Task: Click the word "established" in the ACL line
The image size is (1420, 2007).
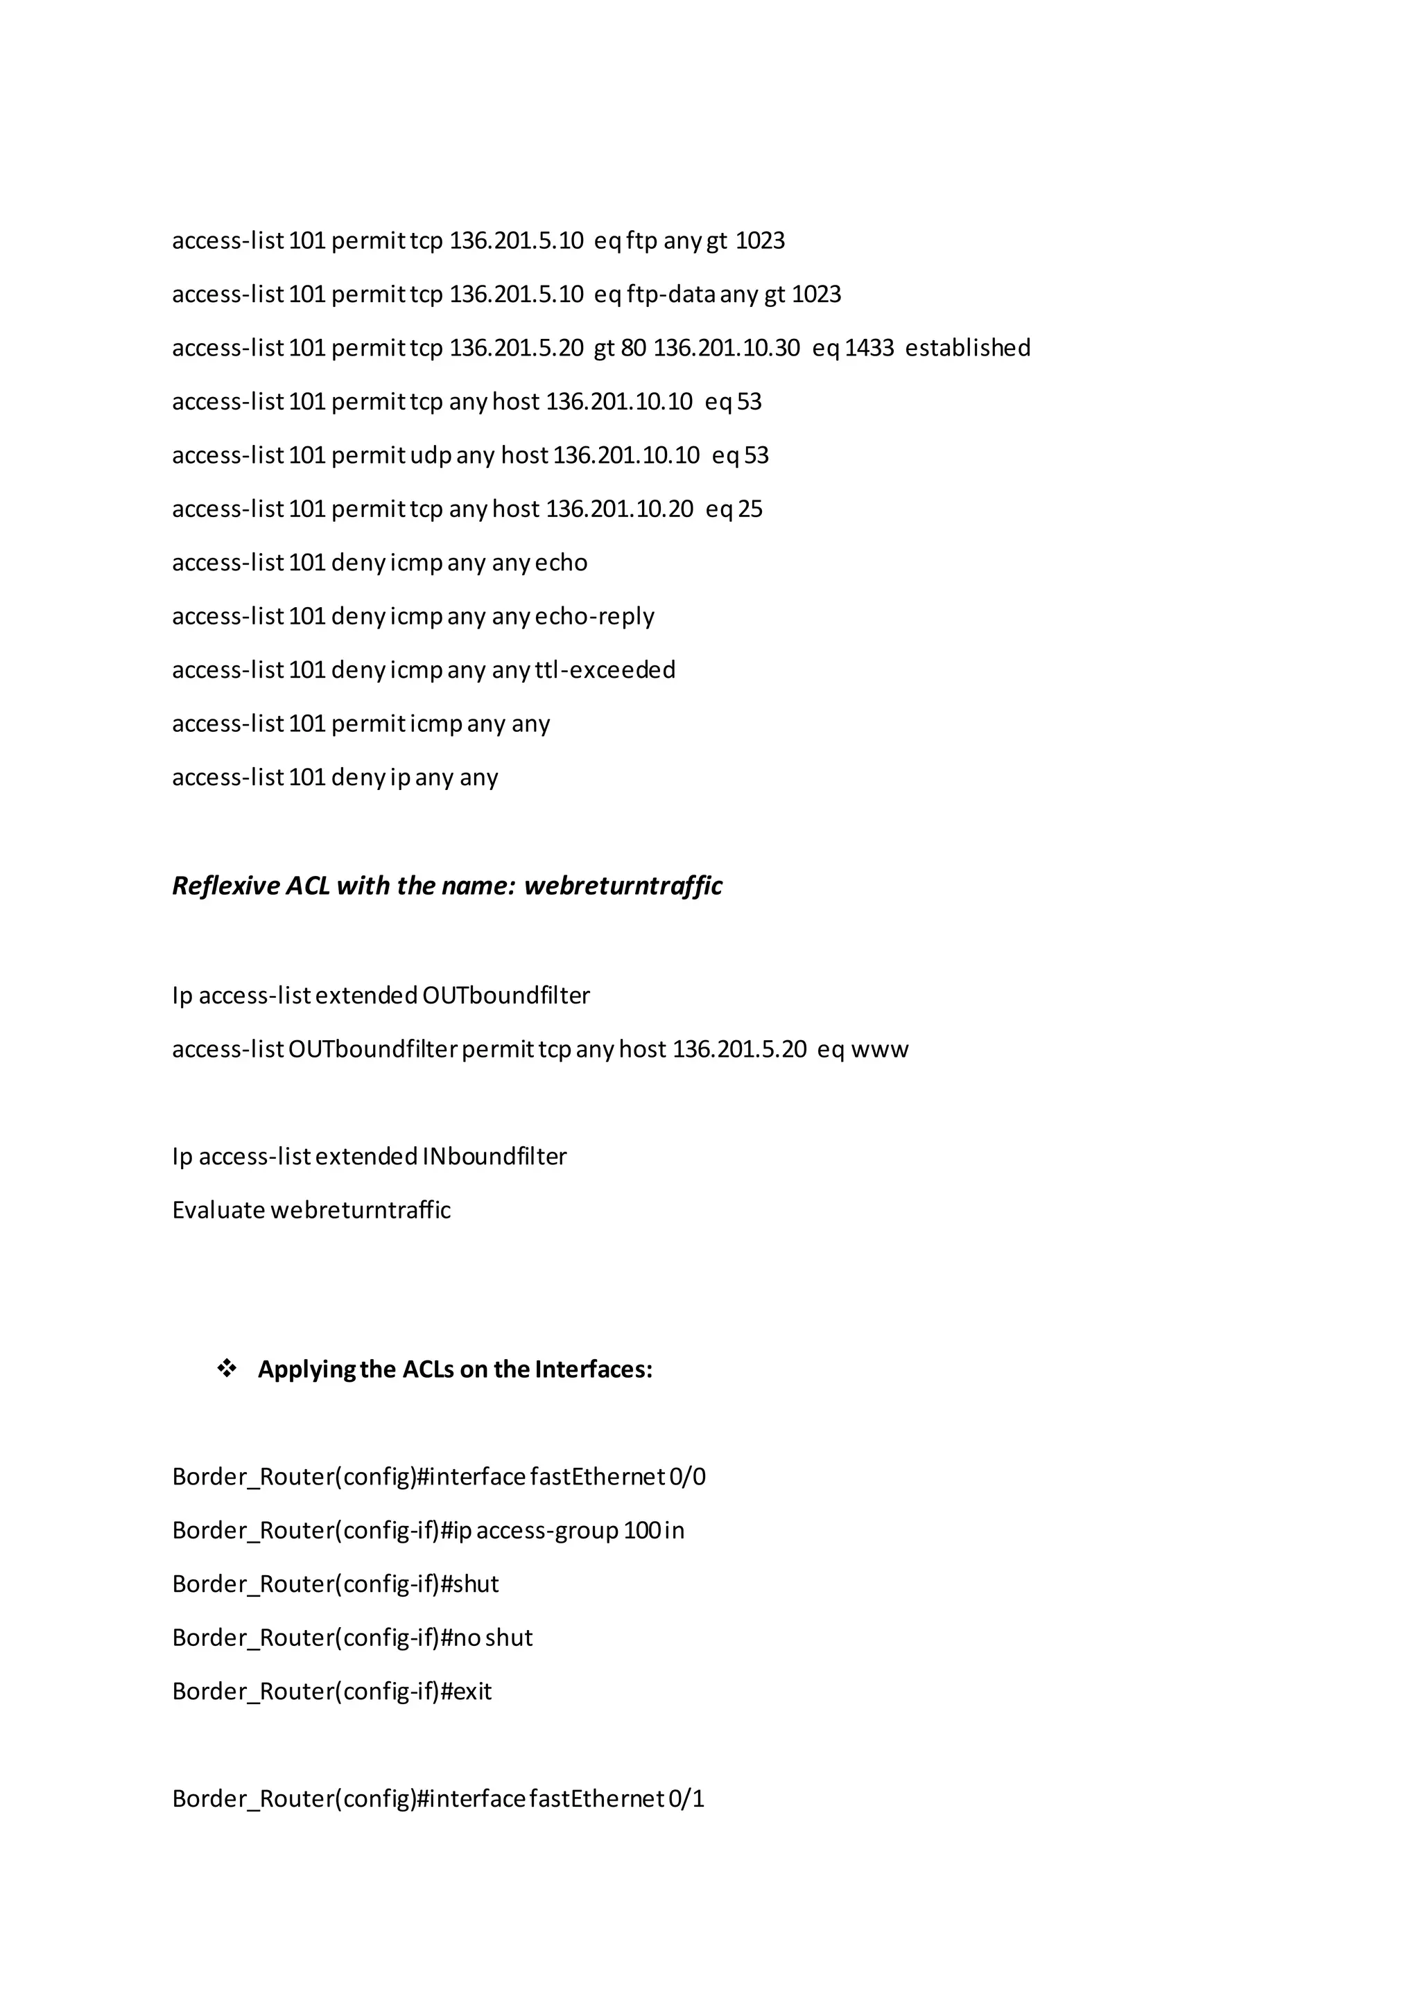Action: [x=967, y=348]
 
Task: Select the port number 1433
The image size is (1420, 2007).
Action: [x=869, y=348]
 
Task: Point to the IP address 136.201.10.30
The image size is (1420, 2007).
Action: [x=726, y=348]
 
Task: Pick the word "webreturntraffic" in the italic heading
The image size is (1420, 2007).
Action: [x=623, y=886]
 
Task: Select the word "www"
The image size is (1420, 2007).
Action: [x=880, y=1049]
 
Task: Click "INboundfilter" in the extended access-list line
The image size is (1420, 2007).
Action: [x=494, y=1157]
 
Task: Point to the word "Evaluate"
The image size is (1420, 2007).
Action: [x=218, y=1211]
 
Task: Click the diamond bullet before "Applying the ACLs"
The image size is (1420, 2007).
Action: [x=227, y=1369]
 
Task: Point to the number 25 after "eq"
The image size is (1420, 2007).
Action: [x=750, y=509]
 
